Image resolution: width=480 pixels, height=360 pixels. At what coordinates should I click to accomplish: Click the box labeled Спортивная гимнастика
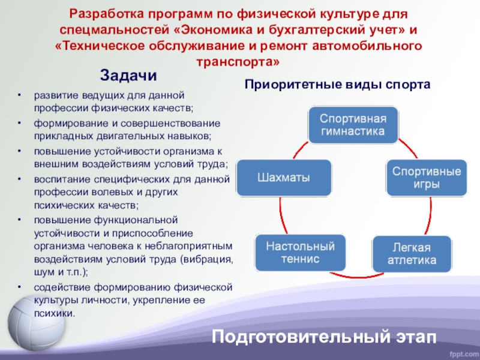353,125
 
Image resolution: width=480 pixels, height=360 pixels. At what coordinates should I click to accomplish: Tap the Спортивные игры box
427,178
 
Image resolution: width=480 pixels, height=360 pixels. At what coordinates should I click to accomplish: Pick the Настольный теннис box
301,253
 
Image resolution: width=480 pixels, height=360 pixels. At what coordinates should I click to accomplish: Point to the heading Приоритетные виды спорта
337,85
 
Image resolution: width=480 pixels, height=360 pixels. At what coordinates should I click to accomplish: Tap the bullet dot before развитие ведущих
19,95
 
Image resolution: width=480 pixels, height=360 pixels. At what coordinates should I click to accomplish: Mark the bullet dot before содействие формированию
19,288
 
